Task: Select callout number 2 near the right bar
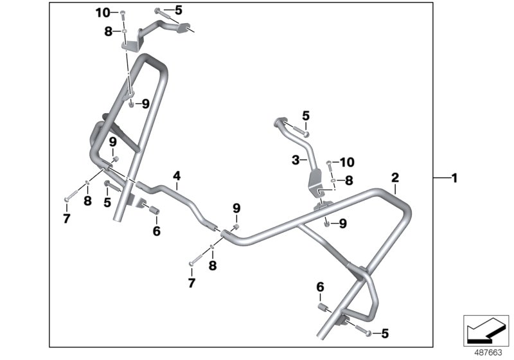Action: point(396,176)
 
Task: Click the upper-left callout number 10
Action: point(103,12)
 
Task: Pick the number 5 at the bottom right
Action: point(384,333)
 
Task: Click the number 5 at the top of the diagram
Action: point(178,10)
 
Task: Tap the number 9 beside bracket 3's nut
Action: point(342,223)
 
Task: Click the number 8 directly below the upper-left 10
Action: point(108,31)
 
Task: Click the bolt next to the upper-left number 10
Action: point(123,12)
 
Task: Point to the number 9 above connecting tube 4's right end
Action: point(236,208)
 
